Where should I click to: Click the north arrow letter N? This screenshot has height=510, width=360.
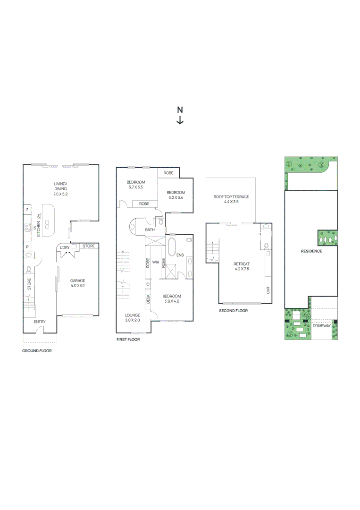[x=180, y=110]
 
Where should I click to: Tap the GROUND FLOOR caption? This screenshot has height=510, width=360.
[x=37, y=351]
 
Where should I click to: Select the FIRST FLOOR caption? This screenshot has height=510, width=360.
[x=128, y=339]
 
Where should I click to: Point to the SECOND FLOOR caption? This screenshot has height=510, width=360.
[x=233, y=311]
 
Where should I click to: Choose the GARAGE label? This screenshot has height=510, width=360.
[x=77, y=280]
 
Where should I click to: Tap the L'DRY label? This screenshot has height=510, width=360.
[x=65, y=246]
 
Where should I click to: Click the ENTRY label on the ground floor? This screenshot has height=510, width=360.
[x=40, y=322]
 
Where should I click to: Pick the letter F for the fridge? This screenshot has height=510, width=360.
[x=27, y=209]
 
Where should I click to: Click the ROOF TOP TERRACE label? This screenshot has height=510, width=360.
[x=231, y=196]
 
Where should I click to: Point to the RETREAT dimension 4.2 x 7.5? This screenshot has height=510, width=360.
[x=242, y=269]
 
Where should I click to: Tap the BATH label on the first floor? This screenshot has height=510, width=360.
[x=150, y=230]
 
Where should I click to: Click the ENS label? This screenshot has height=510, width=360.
[x=180, y=255]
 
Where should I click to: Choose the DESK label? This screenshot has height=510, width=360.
[x=148, y=299]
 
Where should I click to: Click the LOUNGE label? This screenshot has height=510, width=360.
[x=133, y=314]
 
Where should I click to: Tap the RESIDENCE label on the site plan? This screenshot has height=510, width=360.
[x=311, y=251]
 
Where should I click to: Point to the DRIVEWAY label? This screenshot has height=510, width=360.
[x=322, y=326]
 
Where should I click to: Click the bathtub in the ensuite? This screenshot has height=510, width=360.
[x=171, y=247]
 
